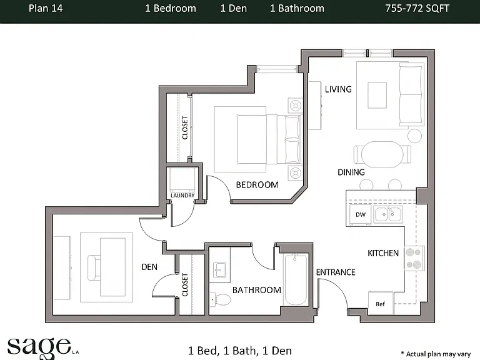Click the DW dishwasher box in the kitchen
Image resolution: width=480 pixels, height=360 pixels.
tap(360, 214)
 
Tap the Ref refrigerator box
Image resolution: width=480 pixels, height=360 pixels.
tap(381, 303)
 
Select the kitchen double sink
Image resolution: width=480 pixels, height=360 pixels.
tap(388, 214)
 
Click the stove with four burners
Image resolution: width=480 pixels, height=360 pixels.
tap(414, 258)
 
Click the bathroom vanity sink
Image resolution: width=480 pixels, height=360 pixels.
tap(219, 270)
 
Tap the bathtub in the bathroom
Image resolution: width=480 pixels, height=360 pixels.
tap(296, 279)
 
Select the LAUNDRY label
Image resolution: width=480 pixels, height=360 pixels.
tap(182, 195)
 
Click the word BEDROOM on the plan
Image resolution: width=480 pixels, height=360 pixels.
tap(257, 184)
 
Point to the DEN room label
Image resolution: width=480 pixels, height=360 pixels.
tap(149, 267)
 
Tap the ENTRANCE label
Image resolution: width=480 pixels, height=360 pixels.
tap(336, 272)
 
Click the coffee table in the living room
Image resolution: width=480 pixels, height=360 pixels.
tap(377, 95)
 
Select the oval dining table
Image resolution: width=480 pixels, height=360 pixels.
tap(382, 154)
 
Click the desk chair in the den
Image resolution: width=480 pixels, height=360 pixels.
tap(94, 267)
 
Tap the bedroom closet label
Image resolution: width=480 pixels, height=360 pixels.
tap(185, 127)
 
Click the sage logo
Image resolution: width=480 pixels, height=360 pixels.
tap(39, 347)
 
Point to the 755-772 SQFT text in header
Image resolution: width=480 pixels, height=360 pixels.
tap(417, 8)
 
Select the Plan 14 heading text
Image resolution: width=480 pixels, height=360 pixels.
tap(46, 8)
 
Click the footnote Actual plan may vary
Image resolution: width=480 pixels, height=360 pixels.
tap(436, 354)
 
